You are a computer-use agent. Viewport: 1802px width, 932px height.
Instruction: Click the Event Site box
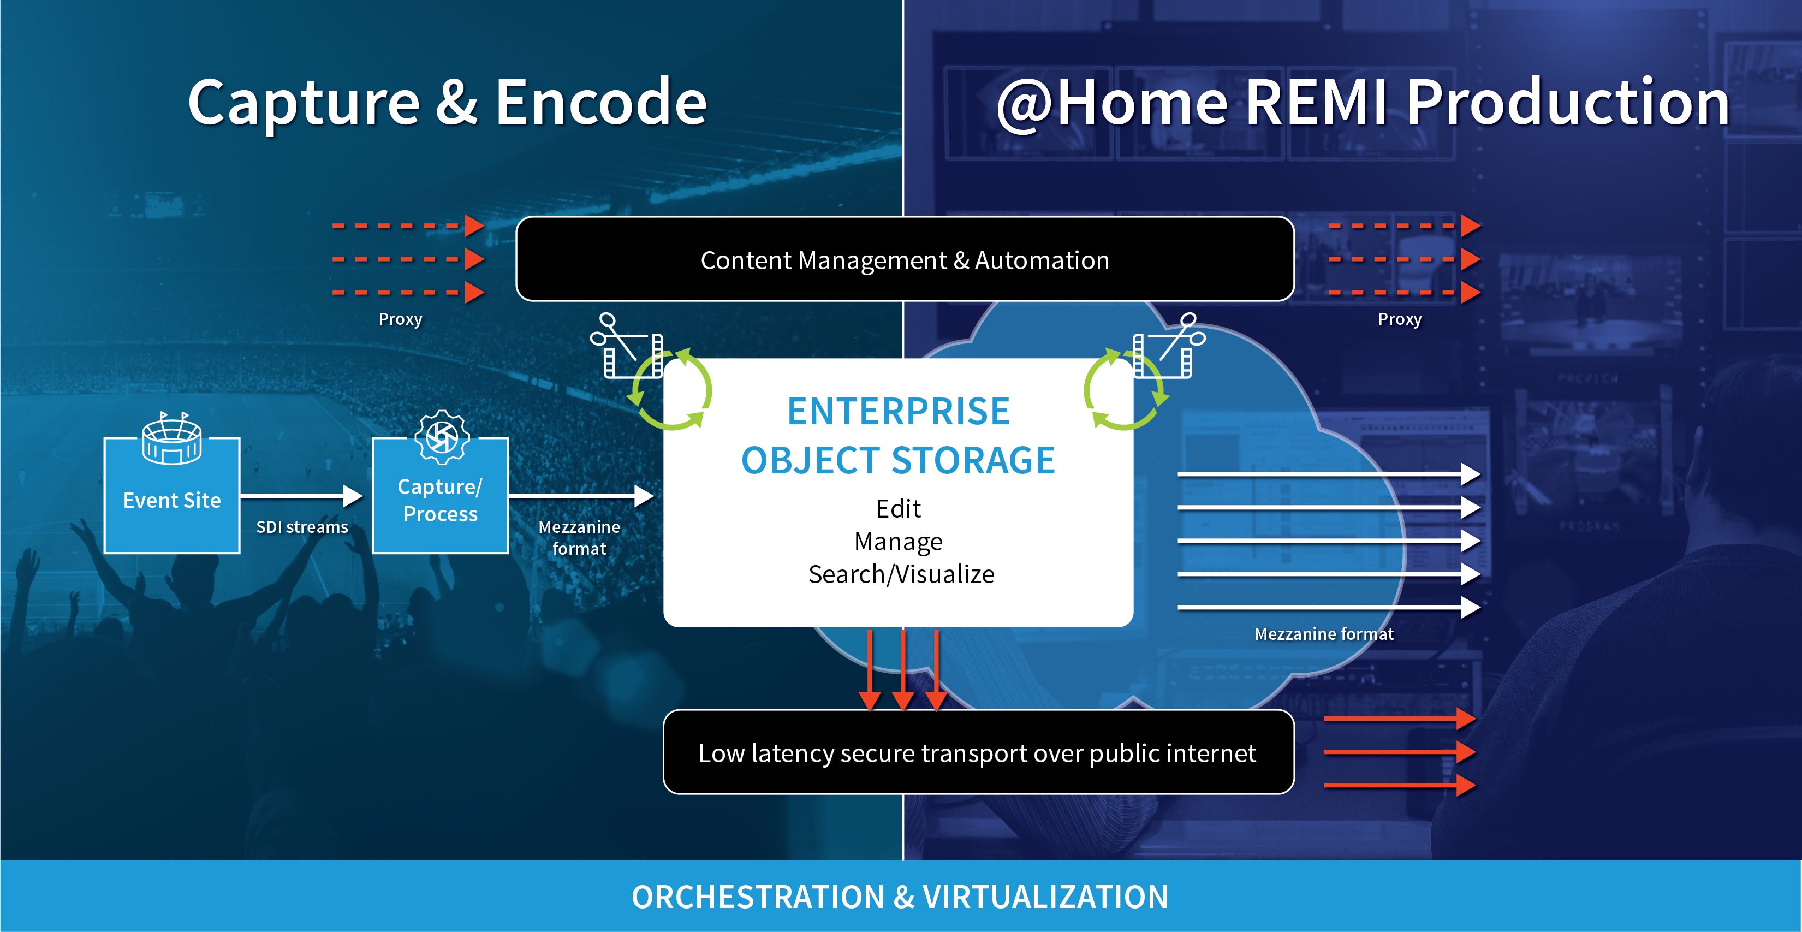point(172,495)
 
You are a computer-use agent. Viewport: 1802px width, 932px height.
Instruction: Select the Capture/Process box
point(440,495)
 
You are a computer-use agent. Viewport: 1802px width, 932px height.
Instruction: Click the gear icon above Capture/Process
point(442,437)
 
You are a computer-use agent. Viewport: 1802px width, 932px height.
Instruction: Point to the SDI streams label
point(302,527)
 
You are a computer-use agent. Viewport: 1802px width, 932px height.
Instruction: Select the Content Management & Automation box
point(905,259)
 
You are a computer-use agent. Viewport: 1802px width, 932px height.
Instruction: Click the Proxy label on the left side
point(400,319)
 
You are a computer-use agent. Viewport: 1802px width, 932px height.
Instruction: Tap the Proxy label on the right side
point(1400,319)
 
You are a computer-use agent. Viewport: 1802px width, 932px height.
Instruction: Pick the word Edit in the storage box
point(899,509)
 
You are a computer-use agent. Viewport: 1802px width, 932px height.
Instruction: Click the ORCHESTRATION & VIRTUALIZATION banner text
point(900,897)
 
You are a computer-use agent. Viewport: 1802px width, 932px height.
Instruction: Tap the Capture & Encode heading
point(448,102)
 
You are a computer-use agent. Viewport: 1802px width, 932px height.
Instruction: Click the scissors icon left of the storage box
point(614,335)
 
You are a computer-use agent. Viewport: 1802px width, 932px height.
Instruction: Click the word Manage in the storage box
point(899,542)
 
